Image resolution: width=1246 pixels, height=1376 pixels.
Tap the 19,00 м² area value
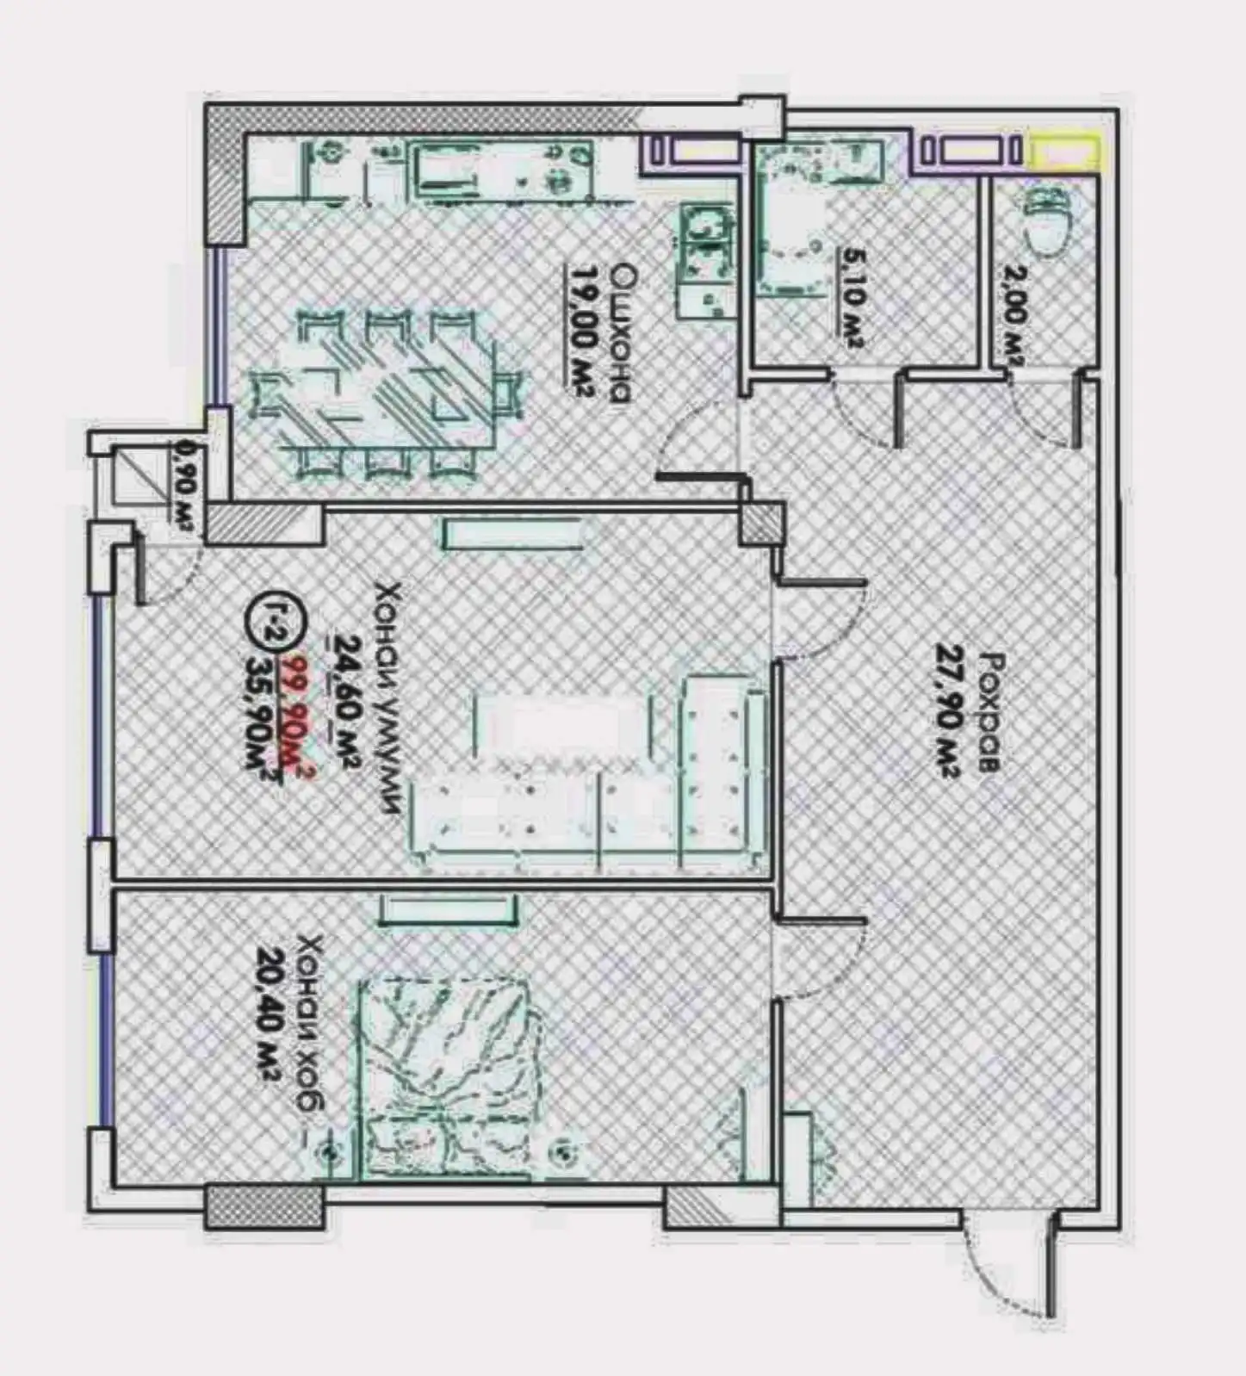pyautogui.click(x=581, y=332)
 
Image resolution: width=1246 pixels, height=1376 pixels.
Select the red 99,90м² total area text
pyautogui.click(x=301, y=719)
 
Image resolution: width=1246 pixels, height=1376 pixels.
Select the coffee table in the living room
pyautogui.click(x=559, y=732)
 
